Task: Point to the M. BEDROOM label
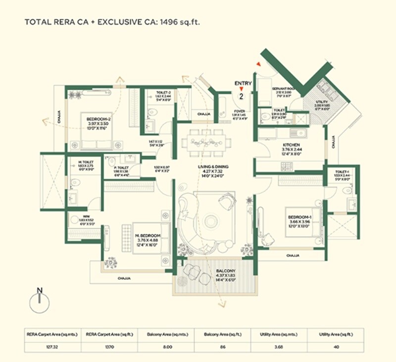148,235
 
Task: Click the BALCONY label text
222,271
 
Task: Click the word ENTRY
243,83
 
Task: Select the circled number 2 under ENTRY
242,96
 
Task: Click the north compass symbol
39,302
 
